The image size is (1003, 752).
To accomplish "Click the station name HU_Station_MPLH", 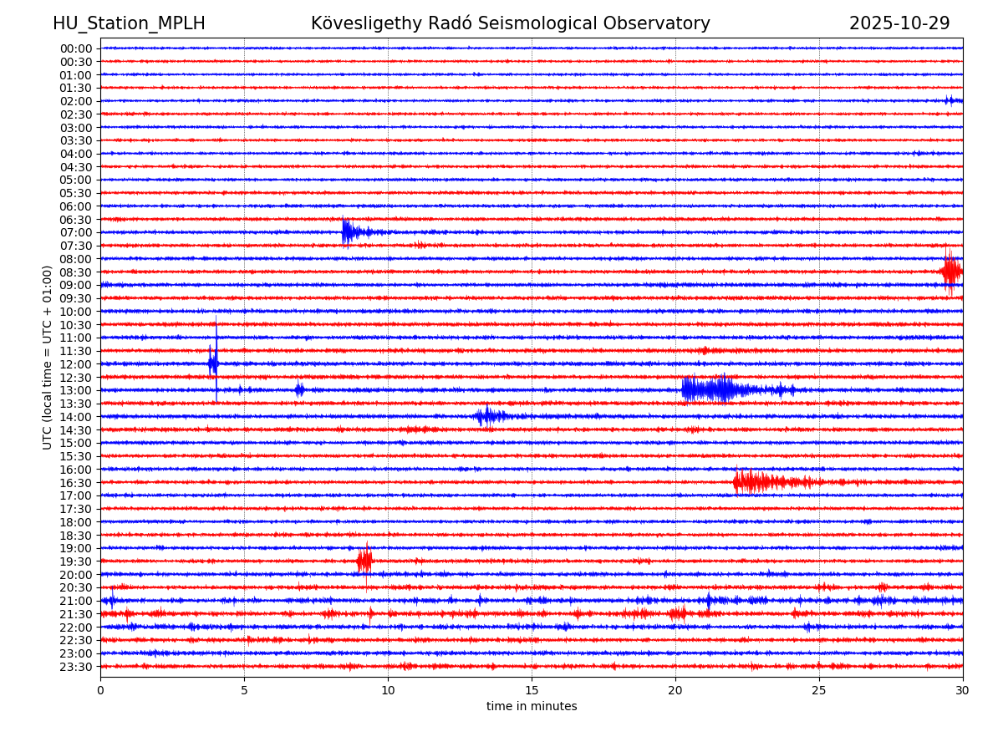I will [x=129, y=23].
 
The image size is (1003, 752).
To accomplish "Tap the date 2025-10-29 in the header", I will [x=899, y=23].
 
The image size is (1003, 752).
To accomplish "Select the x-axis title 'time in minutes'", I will [x=532, y=707].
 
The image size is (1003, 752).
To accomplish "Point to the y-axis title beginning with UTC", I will [x=48, y=357].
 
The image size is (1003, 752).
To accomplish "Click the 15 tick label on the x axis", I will [x=532, y=690].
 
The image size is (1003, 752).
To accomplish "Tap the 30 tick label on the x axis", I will [x=963, y=690].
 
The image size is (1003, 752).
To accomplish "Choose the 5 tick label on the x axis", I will [x=244, y=690].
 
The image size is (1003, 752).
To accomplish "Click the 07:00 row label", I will [x=76, y=232].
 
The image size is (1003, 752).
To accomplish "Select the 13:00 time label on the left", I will [x=76, y=390].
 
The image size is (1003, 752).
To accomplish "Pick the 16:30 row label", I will [x=76, y=483].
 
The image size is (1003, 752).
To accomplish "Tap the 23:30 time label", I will [x=76, y=667].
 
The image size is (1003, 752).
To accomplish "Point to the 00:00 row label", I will [x=76, y=48].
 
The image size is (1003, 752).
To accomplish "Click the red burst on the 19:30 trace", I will [x=364, y=561].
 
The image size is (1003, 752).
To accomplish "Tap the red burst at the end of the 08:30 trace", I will [x=950, y=272].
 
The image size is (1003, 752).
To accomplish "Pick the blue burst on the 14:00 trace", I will [x=488, y=416].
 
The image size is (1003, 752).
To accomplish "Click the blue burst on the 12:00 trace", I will [x=213, y=363].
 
